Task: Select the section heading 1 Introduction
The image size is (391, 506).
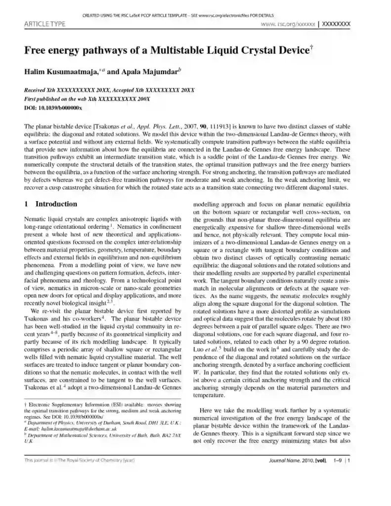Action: click(50, 204)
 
